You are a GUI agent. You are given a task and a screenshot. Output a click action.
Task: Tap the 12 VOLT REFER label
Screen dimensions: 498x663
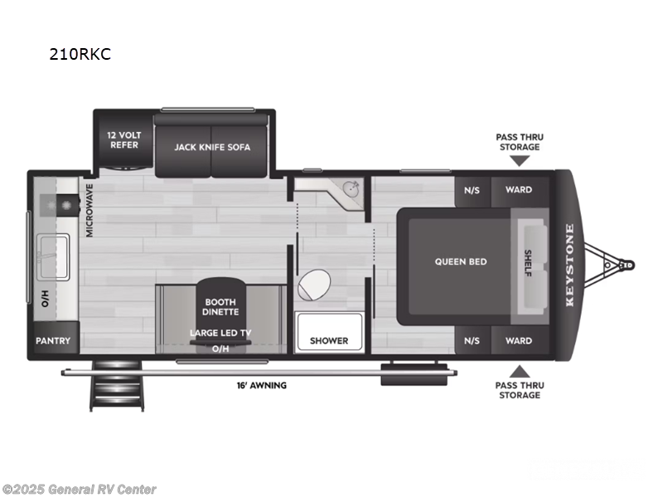click(123, 139)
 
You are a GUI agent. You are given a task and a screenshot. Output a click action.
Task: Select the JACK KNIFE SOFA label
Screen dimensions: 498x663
click(211, 147)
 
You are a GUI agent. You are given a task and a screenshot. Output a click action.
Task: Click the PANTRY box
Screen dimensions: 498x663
click(53, 340)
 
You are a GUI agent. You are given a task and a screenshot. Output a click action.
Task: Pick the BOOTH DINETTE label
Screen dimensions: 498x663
click(220, 307)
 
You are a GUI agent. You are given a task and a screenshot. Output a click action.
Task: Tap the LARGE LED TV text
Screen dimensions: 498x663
click(220, 333)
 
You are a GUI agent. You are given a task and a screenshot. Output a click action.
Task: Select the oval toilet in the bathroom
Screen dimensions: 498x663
click(314, 286)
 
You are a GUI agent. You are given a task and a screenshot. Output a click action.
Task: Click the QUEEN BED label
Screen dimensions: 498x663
click(461, 261)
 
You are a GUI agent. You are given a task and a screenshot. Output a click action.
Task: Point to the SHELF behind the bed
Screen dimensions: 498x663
click(528, 262)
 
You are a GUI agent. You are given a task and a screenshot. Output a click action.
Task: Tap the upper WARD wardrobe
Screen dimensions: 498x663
click(519, 189)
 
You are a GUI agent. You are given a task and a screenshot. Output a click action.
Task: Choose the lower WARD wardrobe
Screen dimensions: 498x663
click(519, 340)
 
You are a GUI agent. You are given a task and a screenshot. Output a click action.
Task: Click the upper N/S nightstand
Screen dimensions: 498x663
click(472, 189)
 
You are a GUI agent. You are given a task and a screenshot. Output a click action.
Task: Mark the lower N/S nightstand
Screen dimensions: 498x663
click(472, 340)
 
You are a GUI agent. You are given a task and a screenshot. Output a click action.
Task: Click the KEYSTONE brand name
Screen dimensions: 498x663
click(569, 264)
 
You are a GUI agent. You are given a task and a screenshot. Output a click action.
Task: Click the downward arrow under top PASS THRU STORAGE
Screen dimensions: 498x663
click(519, 160)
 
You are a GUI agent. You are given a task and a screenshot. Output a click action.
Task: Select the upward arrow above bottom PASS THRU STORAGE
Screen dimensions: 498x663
click(519, 371)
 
